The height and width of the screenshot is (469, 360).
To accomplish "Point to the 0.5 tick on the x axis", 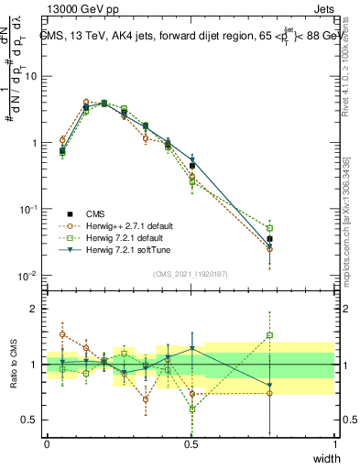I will [x=191, y=443].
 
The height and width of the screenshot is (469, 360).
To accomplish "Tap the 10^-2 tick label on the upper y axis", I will [x=28, y=277].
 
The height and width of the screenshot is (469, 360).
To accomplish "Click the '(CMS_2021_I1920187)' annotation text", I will [x=191, y=274].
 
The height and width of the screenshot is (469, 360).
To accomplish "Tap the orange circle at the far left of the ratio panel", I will [x=62, y=334].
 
